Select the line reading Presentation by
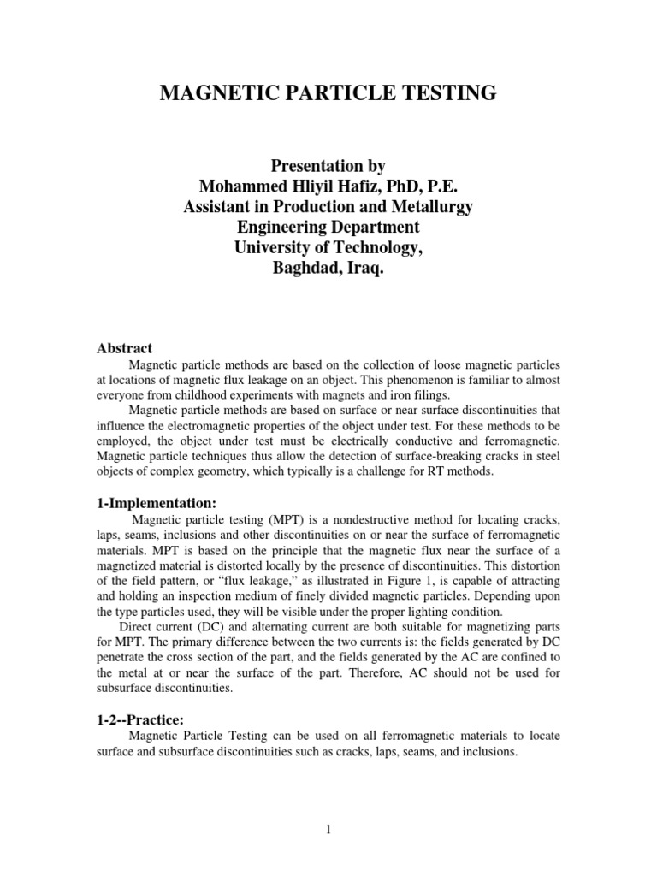(x=328, y=166)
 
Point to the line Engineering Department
(x=328, y=228)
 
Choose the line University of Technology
(x=328, y=248)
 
